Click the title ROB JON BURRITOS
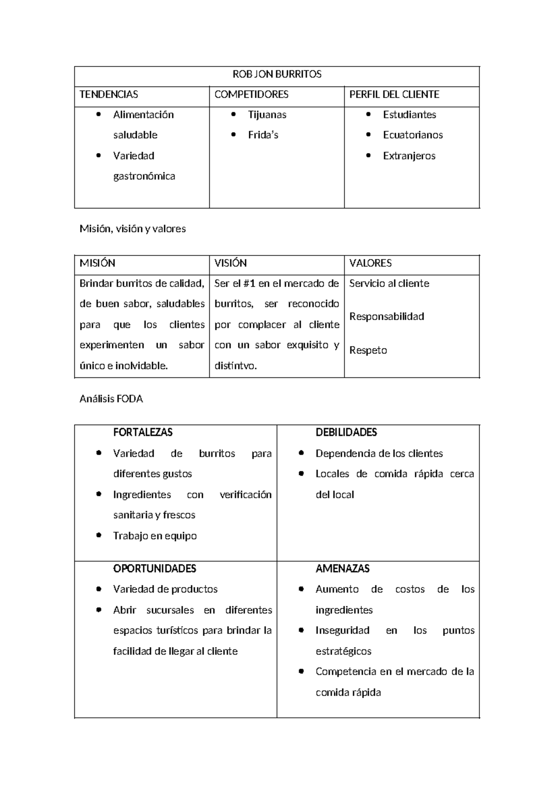tap(277, 74)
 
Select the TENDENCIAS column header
tap(109, 94)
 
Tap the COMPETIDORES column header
tap(251, 94)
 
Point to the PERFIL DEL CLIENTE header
tap(394, 94)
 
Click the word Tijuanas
tap(267, 115)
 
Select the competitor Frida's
tap(263, 135)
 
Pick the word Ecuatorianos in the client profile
tap(412, 135)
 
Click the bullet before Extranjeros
tap(369, 156)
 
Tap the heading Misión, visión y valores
tap(133, 229)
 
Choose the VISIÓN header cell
tap(230, 263)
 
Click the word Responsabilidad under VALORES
tap(386, 317)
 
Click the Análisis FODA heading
tap(111, 399)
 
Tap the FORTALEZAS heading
tap(143, 433)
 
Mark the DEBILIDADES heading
tap(346, 433)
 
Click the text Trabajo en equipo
tap(154, 536)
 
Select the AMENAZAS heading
tap(342, 568)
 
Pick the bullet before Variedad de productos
tap(99, 589)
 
